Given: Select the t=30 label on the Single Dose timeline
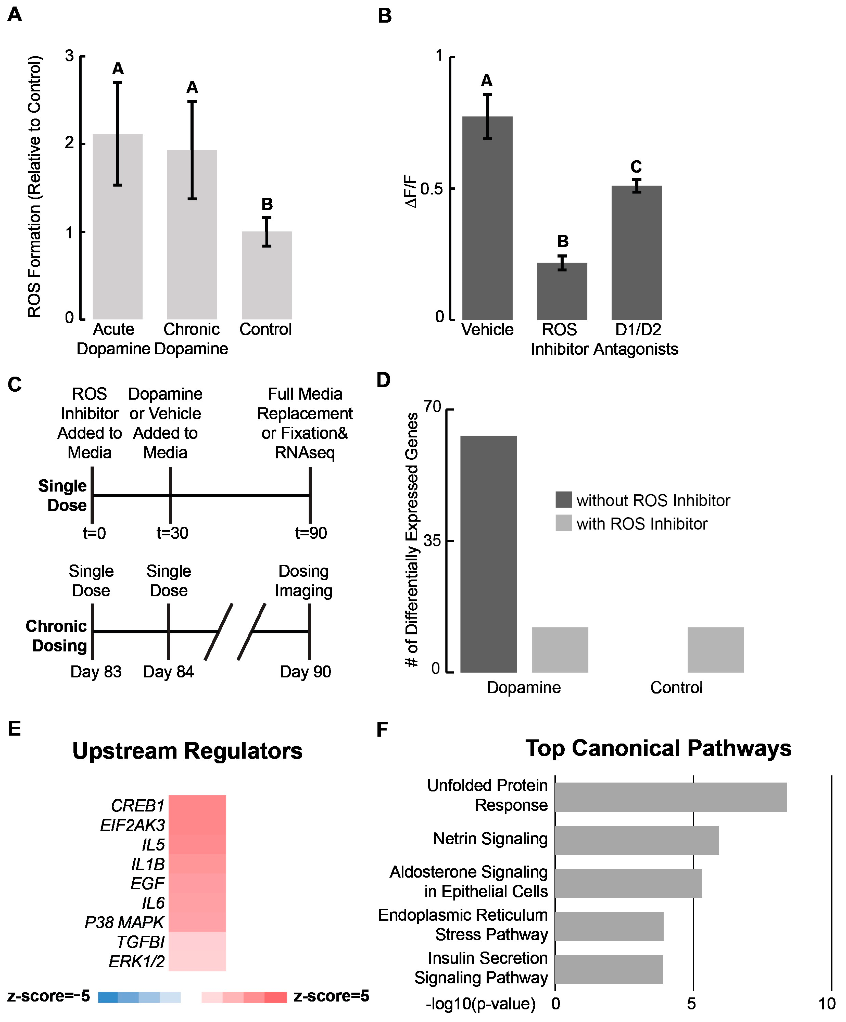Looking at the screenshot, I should point(172,533).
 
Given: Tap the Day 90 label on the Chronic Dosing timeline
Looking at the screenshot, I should point(305,672).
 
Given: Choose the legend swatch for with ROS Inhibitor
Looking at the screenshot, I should point(563,523).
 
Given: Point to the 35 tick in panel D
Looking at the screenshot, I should point(432,541).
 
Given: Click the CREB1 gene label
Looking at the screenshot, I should point(138,806).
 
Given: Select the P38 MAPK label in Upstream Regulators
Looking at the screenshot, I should point(125,922).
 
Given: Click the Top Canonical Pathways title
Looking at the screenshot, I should point(658,748).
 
